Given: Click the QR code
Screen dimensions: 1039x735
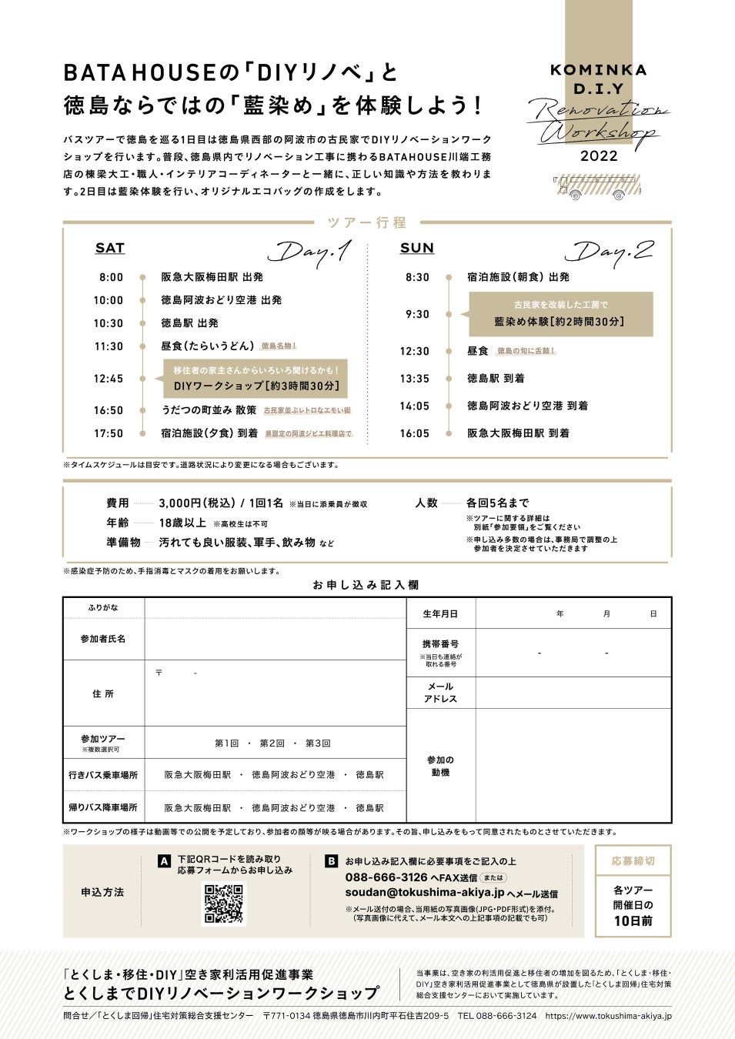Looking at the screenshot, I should [223, 904].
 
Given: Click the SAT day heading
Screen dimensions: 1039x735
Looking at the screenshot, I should [109, 248].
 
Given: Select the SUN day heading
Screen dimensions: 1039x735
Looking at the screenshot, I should [416, 248].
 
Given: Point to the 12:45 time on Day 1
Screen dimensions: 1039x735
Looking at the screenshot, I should [109, 379].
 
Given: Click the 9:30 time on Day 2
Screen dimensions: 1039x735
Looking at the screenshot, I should [417, 314].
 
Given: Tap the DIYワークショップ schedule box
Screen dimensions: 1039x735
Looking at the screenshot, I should [256, 379].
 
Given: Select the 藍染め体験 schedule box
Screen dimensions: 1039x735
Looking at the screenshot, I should [560, 314].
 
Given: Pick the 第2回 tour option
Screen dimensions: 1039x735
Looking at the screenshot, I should [272, 743].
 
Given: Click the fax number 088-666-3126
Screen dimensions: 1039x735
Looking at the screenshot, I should [386, 877].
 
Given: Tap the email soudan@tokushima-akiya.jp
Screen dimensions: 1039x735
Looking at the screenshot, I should [424, 893].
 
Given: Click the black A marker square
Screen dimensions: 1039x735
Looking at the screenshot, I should [164, 861].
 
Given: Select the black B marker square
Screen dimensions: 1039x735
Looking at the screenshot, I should [331, 861].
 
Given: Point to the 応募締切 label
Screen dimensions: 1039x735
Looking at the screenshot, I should [633, 861].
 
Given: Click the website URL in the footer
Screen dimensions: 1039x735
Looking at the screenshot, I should [608, 1016].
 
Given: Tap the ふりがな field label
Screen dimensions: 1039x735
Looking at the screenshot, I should [103, 608].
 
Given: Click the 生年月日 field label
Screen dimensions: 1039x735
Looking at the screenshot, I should [440, 614].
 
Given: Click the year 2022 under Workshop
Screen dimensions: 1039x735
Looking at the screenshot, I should [599, 156].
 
